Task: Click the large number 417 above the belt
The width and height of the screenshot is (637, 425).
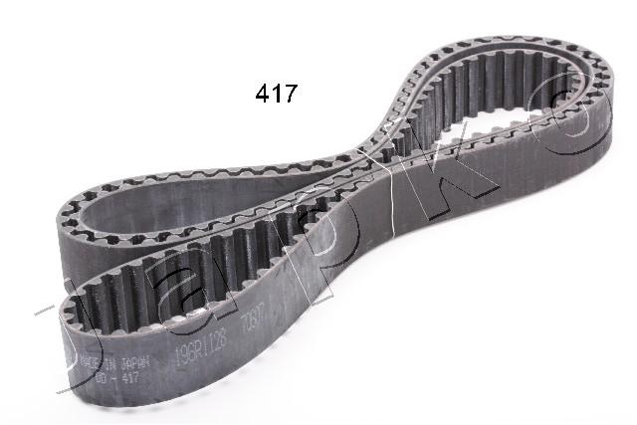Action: pyautogui.click(x=275, y=95)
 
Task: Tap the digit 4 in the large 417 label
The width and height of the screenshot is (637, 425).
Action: pyautogui.click(x=262, y=95)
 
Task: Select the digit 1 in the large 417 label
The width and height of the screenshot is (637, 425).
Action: pyautogui.click(x=276, y=95)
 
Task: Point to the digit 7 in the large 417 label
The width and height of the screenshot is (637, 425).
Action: pyautogui.click(x=289, y=95)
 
